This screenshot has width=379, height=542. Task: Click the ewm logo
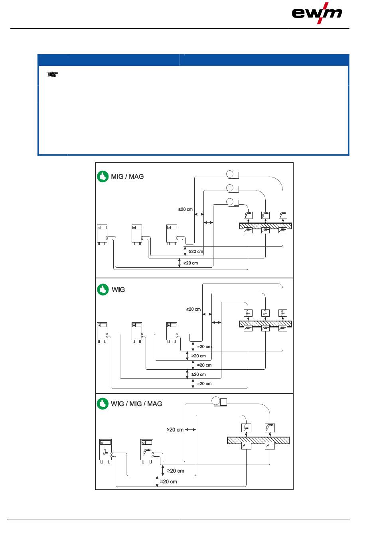(317, 13)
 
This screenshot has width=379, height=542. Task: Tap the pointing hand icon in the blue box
(52, 74)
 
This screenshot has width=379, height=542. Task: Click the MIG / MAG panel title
(127, 176)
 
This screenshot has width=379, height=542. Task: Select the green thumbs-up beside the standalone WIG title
(103, 290)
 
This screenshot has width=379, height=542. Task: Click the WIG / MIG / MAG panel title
(136, 404)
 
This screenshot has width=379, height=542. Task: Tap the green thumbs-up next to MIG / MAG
(103, 176)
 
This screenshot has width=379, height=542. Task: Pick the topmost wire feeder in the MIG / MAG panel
(233, 174)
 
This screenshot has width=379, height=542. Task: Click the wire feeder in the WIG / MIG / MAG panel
(219, 402)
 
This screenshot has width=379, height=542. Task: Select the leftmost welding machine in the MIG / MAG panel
(102, 235)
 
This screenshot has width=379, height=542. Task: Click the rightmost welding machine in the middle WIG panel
(172, 332)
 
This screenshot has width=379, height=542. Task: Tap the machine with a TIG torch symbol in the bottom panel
(105, 451)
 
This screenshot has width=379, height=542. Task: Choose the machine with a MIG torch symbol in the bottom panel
(147, 451)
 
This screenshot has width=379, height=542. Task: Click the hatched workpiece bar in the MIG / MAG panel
(265, 226)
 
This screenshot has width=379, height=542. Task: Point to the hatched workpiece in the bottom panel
(258, 440)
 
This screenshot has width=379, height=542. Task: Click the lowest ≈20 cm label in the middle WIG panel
(204, 384)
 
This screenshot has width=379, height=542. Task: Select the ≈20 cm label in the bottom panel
(168, 481)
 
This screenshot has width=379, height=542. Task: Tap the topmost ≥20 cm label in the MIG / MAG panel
(186, 209)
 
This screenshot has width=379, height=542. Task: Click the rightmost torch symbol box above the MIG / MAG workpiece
(283, 215)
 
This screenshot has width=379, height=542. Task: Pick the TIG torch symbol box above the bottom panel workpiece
(247, 428)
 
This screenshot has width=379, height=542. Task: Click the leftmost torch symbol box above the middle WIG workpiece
(248, 313)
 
